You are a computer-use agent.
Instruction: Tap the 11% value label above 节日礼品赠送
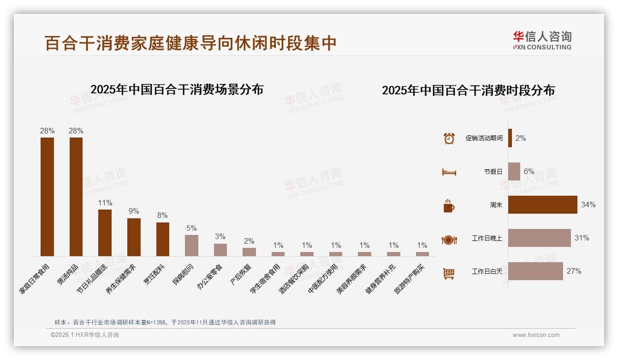tap(105, 203)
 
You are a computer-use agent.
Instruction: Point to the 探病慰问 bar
tap(191, 246)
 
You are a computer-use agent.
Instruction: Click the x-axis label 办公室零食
tap(210, 277)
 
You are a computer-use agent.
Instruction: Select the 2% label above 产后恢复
tap(249, 241)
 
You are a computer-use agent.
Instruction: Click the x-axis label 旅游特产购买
tap(410, 279)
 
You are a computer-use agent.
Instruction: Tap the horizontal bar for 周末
tap(542, 205)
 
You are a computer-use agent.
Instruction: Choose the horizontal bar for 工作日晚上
tap(539, 238)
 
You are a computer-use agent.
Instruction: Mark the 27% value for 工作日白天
tap(574, 271)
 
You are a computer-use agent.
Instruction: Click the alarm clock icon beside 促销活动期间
tap(449, 138)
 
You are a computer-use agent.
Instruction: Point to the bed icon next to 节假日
tap(449, 172)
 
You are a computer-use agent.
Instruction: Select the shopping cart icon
tap(449, 274)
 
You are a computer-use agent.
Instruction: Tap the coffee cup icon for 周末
tap(449, 206)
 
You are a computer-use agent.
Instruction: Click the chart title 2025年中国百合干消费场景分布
tap(177, 90)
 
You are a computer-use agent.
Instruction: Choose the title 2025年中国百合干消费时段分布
tap(468, 90)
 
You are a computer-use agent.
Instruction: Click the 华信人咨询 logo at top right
tap(542, 41)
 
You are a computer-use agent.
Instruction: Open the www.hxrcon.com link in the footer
tap(536, 335)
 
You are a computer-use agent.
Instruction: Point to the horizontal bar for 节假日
tap(514, 172)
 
